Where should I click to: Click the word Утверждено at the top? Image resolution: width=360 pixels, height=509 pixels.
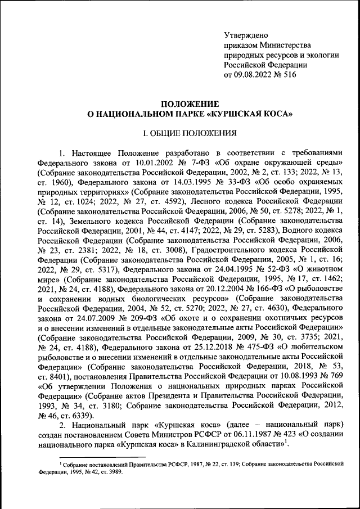click(x=245, y=35)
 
